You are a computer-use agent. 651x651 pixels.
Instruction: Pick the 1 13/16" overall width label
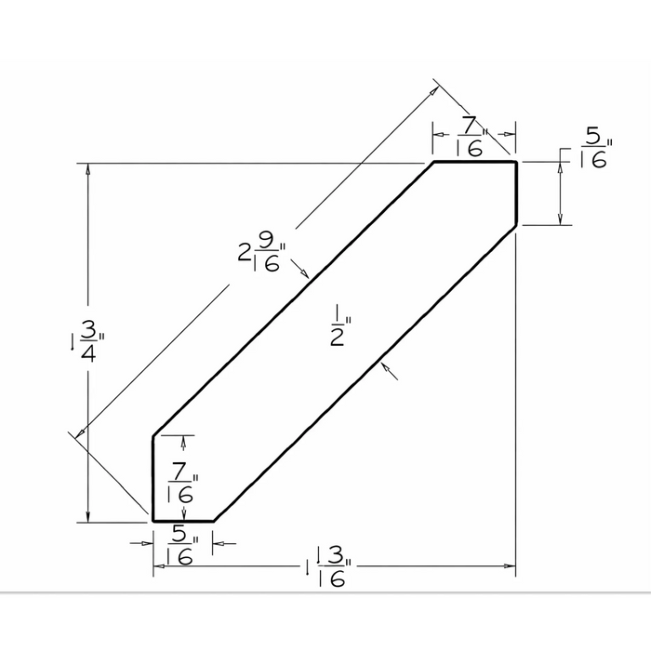tap(329, 566)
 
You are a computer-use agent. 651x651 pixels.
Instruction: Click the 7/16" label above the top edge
tap(472, 137)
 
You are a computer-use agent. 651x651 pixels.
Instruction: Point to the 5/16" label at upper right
tap(596, 147)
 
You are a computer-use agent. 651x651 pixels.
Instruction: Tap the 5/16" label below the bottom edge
tap(182, 544)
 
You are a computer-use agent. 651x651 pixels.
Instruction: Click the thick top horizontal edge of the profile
tap(475, 161)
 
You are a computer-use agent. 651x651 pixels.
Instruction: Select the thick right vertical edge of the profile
tap(516, 193)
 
